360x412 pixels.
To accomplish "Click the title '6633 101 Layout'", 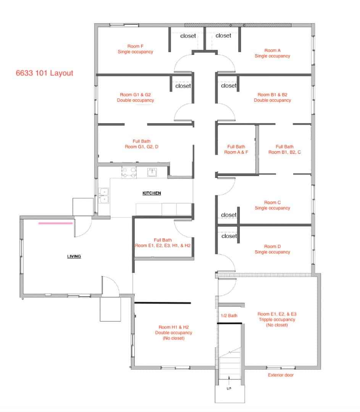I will [x=44, y=73].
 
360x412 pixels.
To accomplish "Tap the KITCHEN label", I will [x=152, y=193].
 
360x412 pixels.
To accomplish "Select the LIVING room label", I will [x=74, y=256].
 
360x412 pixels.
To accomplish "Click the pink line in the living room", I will [x=55, y=224].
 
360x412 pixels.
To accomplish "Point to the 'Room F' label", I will [x=135, y=49].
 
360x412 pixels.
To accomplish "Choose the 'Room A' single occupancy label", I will [x=272, y=53].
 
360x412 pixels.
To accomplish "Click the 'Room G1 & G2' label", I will [x=135, y=97].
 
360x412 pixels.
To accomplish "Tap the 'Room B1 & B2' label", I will [x=272, y=97].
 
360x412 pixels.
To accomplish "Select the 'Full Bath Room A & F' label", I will [x=236, y=149].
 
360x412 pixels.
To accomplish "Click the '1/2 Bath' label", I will [x=229, y=315].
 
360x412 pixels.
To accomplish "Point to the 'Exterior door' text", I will [x=281, y=375].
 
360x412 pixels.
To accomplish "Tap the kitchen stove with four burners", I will [x=129, y=172].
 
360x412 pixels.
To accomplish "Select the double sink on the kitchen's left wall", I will [x=103, y=195].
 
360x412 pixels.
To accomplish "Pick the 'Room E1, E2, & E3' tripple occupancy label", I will [x=277, y=319].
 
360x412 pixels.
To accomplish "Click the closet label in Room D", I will [x=229, y=236].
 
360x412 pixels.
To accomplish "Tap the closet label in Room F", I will [x=188, y=36].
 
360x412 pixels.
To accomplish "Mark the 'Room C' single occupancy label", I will [x=272, y=205].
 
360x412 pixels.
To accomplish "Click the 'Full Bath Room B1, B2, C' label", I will [x=284, y=149].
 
